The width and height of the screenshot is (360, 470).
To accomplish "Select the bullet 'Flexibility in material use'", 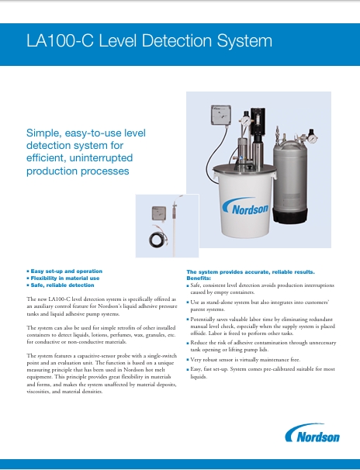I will (x=65, y=278).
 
